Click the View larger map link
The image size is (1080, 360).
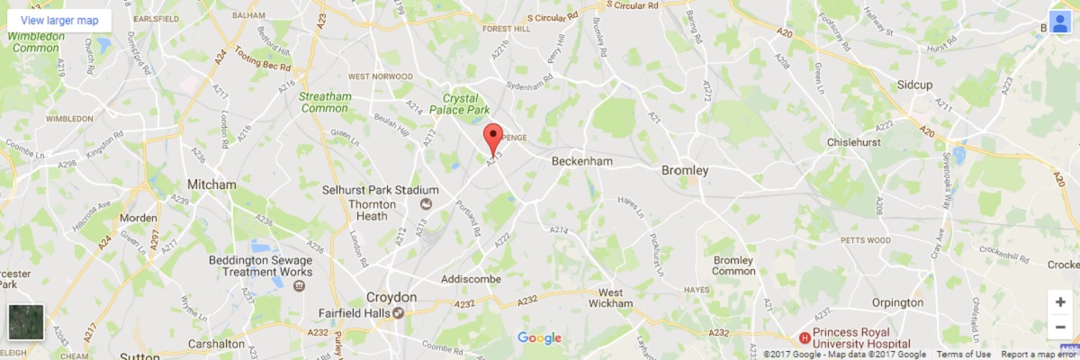(59, 20)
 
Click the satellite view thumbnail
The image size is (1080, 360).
(25, 323)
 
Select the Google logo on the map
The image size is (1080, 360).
(539, 338)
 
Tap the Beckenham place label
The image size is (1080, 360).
(581, 161)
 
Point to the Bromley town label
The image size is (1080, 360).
(685, 170)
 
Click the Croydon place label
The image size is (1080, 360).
(391, 297)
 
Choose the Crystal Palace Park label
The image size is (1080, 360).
(466, 103)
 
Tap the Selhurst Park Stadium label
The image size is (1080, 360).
(381, 190)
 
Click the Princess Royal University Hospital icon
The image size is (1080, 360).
(805, 338)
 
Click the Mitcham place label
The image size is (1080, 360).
(211, 184)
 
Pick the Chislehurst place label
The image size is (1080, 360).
(861, 143)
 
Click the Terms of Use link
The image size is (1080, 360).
(963, 355)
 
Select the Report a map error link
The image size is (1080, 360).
(1039, 355)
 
